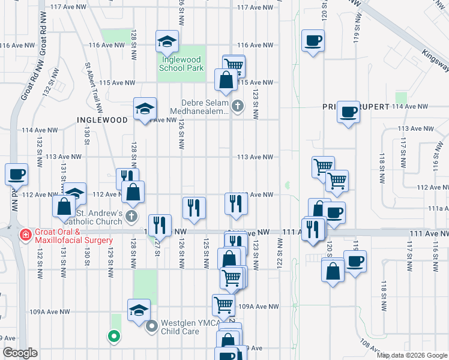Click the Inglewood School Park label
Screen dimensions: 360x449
(x=181, y=64)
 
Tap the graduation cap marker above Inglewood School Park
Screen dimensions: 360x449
(x=167, y=41)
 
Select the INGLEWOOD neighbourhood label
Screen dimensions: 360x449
(x=103, y=120)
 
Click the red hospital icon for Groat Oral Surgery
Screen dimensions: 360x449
(x=25, y=234)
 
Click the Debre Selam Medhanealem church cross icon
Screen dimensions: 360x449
(x=238, y=106)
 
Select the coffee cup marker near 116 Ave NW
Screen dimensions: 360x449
(x=313, y=41)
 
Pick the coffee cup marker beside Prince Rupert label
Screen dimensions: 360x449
(x=348, y=112)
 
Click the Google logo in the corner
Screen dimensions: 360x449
(x=20, y=353)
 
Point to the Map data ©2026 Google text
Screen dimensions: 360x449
(x=412, y=355)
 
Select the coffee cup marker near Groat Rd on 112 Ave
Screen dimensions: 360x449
(x=17, y=175)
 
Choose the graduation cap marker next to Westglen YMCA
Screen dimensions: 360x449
(x=139, y=310)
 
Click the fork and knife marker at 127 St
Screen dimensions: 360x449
(x=160, y=226)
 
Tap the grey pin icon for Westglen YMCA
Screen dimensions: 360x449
(x=151, y=326)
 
